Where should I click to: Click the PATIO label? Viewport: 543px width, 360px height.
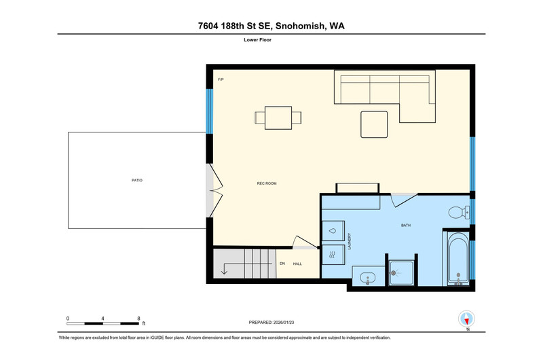[x=137, y=180]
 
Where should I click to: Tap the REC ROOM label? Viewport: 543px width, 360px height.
[x=267, y=183]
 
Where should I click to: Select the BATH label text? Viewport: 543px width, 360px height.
[x=405, y=226]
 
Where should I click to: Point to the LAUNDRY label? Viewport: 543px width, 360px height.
[x=350, y=241]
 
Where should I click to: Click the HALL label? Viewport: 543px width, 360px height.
[x=297, y=264]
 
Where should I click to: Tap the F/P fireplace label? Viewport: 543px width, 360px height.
[x=221, y=79]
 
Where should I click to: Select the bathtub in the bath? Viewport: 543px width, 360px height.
[x=457, y=258]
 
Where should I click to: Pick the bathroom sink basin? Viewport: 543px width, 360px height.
[x=367, y=278]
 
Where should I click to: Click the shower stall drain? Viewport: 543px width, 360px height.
[x=393, y=273]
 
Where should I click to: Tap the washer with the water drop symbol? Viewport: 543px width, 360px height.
[x=333, y=231]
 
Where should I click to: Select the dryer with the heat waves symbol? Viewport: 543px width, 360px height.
[x=333, y=255]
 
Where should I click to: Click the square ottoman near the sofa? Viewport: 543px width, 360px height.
[x=374, y=124]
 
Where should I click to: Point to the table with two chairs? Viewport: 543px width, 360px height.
[x=278, y=118]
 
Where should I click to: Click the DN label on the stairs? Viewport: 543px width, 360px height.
[x=282, y=264]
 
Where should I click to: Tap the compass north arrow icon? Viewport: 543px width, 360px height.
[x=466, y=319]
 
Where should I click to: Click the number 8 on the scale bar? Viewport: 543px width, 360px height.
[x=138, y=319]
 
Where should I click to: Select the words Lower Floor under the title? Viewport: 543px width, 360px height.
[x=257, y=40]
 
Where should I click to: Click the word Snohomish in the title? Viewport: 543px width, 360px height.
[x=301, y=26]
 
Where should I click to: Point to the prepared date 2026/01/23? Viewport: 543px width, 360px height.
[x=284, y=322]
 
